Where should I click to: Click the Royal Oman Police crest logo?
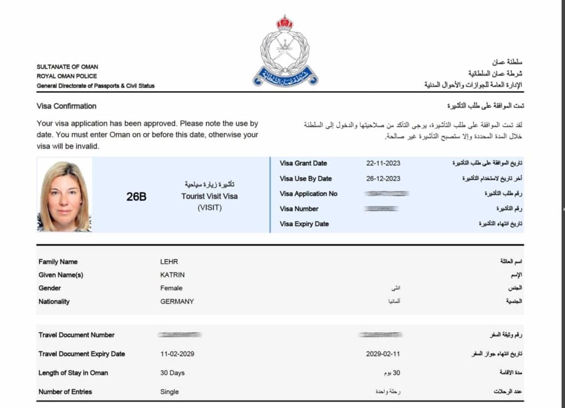[x=285, y=51]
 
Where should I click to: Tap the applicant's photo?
[x=65, y=195]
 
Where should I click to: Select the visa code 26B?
[x=136, y=196]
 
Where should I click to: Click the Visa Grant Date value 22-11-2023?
[x=383, y=163]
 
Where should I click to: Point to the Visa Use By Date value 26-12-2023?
[x=383, y=178]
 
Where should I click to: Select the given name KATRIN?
[x=173, y=275]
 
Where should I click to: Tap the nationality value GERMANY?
[x=177, y=301]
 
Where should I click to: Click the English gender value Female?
[x=171, y=288]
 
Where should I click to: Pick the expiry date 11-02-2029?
[x=177, y=354]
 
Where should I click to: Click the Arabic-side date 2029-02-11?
[x=383, y=354]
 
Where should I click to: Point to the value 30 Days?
[x=173, y=373]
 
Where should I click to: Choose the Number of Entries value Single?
[x=170, y=392]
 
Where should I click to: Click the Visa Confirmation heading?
[x=67, y=106]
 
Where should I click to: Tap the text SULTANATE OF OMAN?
[x=67, y=67]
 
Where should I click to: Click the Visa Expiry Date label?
[x=304, y=223]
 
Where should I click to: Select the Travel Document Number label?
[x=77, y=335]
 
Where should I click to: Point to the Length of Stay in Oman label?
[x=73, y=373]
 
